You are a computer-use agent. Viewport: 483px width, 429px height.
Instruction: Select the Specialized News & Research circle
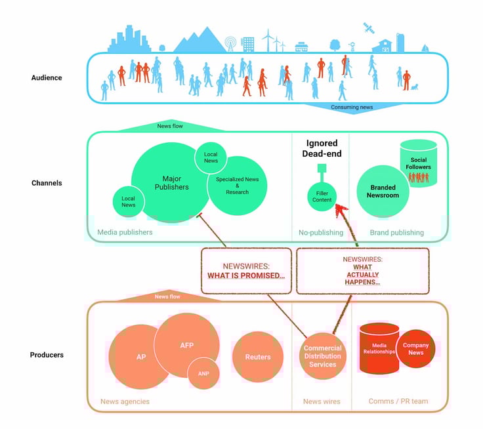coord(237,185)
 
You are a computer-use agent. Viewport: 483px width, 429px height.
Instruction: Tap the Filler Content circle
coord(322,195)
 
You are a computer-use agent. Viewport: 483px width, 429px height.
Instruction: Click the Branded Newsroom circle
coord(383,191)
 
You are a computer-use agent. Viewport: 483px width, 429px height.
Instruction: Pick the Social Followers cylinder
coord(418,163)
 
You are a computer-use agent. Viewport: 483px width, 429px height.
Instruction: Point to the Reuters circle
coord(257,357)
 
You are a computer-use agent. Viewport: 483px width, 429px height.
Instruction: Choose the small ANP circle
coord(203,373)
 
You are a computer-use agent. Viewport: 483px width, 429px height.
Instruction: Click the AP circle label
coord(141,357)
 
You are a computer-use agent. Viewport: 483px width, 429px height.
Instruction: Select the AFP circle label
coord(187,346)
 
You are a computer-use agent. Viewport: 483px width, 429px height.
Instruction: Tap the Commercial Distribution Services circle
coord(322,356)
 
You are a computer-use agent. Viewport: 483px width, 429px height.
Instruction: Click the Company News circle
coord(415,349)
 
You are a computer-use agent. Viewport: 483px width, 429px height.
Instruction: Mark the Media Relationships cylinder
coord(379,348)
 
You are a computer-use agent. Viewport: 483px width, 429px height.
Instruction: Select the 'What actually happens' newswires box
coord(362,270)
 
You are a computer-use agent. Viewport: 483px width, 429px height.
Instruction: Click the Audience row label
coord(47,77)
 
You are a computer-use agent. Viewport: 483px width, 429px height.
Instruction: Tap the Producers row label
coord(47,355)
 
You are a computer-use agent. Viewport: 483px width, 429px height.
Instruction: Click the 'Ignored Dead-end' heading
coord(322,149)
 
